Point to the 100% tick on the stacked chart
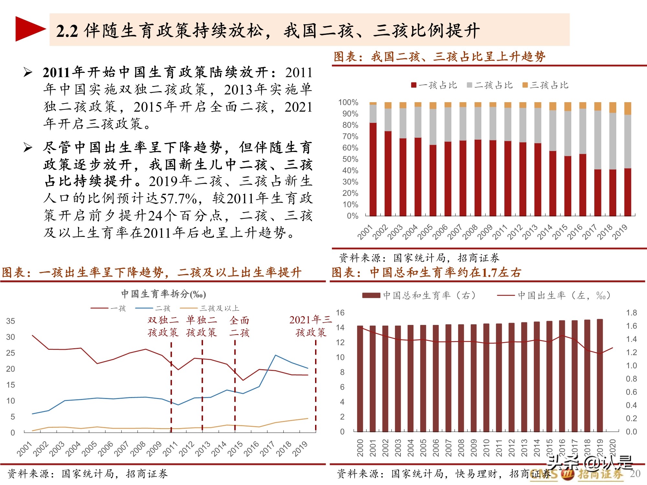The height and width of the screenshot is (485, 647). point(348,102)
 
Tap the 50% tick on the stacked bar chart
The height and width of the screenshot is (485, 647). point(350,159)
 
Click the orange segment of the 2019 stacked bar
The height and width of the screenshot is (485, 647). point(628,108)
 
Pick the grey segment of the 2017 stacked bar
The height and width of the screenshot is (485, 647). point(598,140)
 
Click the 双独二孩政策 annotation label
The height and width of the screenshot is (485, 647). point(163,326)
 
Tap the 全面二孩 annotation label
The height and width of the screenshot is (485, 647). point(239,326)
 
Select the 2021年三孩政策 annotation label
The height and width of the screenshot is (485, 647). point(311,326)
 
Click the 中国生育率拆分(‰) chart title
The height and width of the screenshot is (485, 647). point(164,294)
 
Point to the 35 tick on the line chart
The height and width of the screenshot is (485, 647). point(10,321)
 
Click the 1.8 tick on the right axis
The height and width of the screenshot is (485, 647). point(631,313)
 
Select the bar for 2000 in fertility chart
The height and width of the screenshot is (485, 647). point(360,378)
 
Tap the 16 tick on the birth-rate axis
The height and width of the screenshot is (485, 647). point(340,313)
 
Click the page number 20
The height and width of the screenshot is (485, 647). point(635,473)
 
